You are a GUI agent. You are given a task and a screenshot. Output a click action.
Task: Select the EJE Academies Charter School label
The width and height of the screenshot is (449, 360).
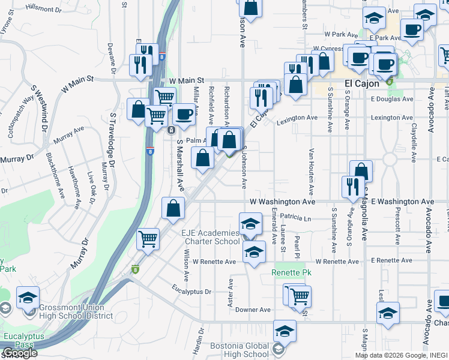point(203,237)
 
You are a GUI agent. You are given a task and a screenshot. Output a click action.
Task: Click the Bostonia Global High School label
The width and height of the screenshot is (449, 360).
point(240,350)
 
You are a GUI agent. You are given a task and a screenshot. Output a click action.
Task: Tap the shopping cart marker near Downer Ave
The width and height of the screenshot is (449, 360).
point(298,295)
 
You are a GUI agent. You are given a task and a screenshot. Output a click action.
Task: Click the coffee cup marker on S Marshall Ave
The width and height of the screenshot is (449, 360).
point(184,113)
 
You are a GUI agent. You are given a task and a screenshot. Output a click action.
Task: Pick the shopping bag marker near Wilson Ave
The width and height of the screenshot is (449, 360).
point(173,208)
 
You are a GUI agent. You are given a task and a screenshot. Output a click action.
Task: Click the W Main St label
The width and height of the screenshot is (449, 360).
point(187,80)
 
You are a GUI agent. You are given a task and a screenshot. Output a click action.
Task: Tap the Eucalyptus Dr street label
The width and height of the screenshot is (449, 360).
point(191,292)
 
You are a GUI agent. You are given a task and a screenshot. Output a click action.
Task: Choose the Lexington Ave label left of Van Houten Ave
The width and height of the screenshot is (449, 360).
point(297,118)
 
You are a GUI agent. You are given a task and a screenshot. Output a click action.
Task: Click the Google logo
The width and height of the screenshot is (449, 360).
point(19,353)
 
